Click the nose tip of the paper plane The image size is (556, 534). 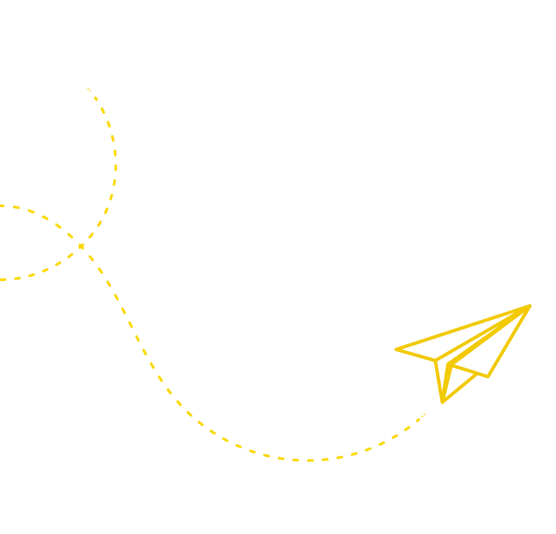531,305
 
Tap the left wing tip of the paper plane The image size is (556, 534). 395,351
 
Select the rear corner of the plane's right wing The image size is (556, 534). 489,377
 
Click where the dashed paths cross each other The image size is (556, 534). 81,246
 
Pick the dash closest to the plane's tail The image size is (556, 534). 425,415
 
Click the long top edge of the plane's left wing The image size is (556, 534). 462,328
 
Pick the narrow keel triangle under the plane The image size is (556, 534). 443,380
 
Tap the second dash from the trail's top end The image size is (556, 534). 96,101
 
